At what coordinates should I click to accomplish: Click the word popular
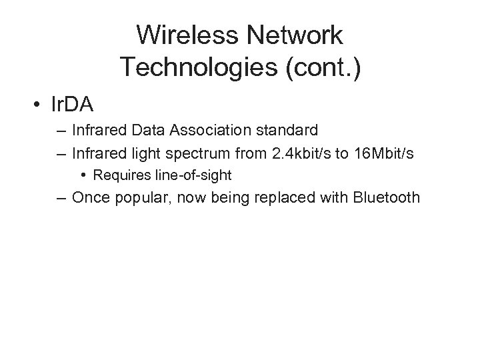(x=140, y=198)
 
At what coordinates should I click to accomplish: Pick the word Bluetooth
(x=386, y=198)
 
